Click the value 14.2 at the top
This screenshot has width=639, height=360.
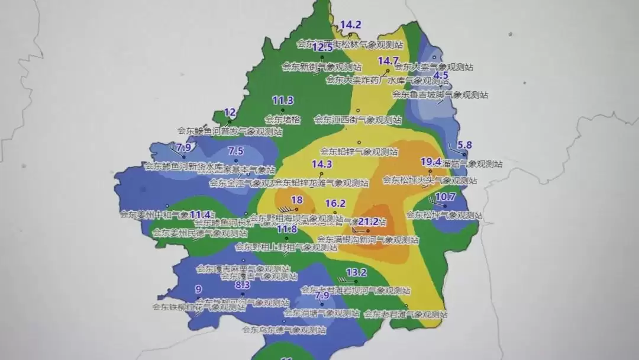coord(350,25)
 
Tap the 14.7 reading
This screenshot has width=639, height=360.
coord(388,61)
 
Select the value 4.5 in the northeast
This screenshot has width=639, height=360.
coord(441,76)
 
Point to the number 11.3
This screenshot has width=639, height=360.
coord(283,100)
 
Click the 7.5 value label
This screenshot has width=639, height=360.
coord(235,151)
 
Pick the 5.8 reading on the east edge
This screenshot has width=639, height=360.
coord(465,145)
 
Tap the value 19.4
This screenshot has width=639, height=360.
coord(431,162)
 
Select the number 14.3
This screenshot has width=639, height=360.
coord(321,165)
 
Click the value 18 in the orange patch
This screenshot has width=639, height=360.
coord(297,200)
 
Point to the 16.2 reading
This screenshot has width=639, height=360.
coord(335,203)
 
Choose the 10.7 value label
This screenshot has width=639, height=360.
coord(446,197)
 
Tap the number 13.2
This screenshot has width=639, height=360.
coord(356,272)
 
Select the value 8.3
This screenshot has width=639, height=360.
coord(243,285)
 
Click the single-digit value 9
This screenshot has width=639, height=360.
coord(198,290)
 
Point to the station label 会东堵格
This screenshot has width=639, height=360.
coord(283,120)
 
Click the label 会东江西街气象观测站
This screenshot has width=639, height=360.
coord(358,120)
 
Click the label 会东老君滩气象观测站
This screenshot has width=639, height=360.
coord(405,314)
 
